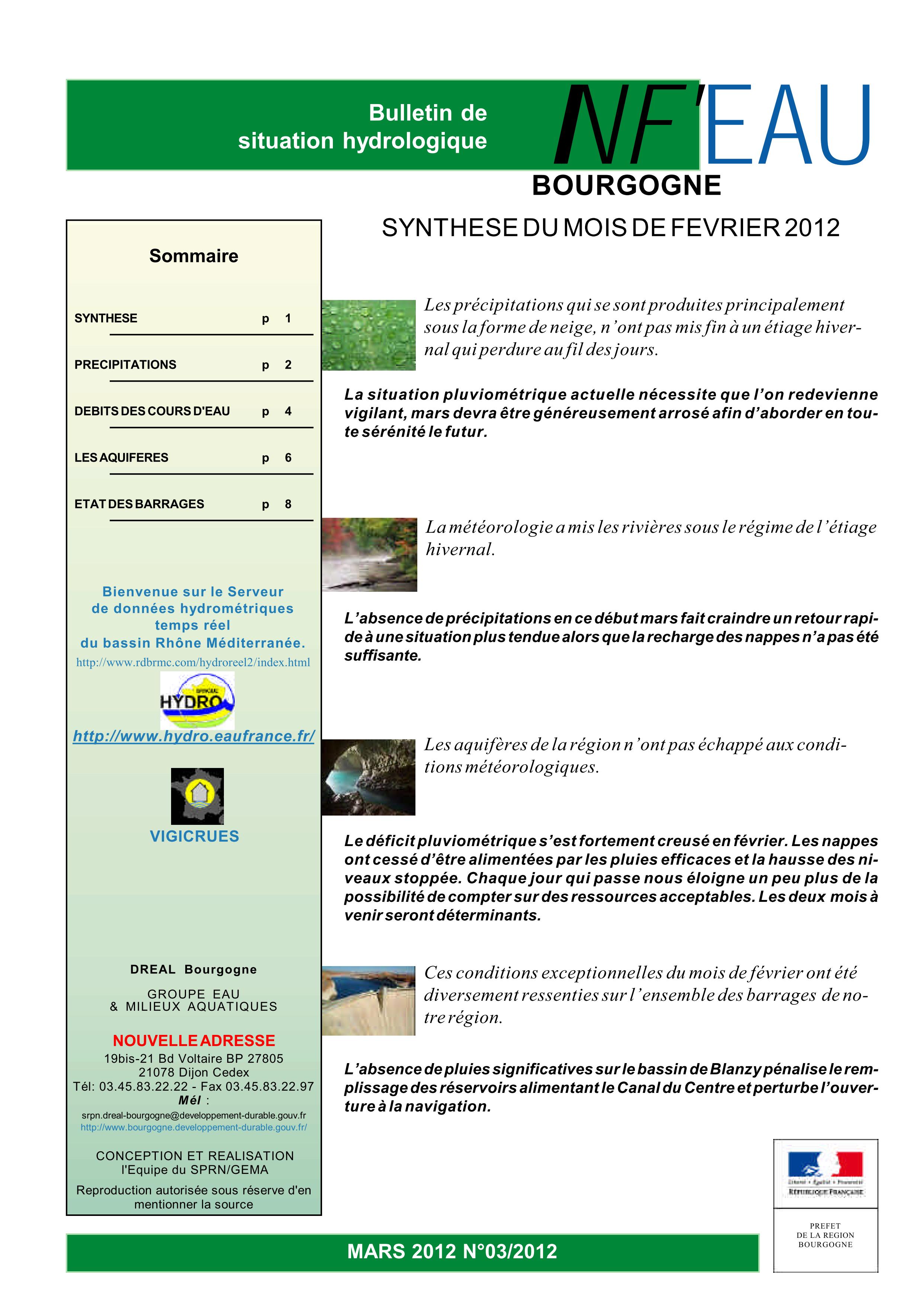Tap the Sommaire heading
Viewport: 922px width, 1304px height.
194,256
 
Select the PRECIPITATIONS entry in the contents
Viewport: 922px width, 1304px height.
126,365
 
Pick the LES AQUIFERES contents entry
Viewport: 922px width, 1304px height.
122,458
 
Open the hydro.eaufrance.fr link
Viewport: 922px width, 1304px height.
194,736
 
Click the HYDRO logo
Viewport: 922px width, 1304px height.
197,700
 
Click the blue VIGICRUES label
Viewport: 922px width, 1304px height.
194,836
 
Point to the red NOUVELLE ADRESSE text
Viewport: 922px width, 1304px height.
194,1040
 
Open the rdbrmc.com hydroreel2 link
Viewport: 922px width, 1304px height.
193,662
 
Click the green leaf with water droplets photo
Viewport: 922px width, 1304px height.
369,335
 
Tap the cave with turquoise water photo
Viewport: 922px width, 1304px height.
368,777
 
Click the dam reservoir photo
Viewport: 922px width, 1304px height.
368,1000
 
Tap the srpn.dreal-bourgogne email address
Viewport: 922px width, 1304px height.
194,1116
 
